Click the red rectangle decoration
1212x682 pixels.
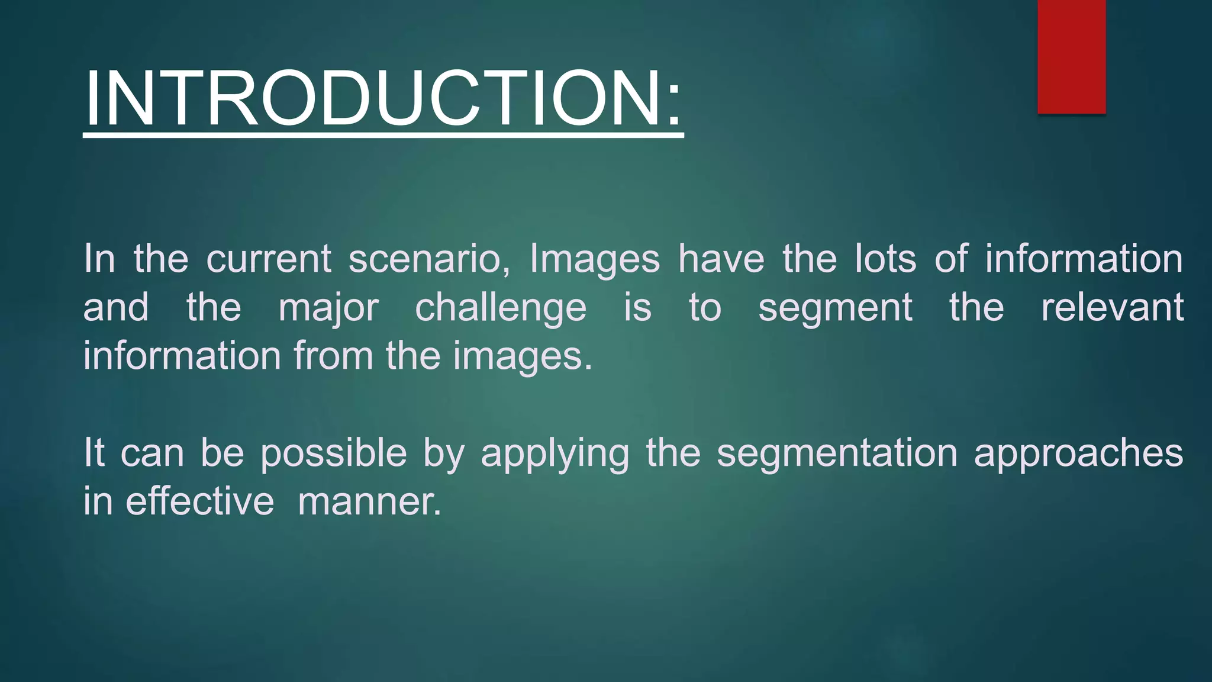1071,56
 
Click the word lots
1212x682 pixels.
885,259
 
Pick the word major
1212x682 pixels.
328,308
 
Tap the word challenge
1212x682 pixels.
501,308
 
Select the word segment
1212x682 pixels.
835,308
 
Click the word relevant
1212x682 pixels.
1112,308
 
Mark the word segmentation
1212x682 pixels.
837,453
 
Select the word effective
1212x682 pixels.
200,501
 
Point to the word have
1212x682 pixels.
721,259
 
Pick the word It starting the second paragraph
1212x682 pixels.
94,453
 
